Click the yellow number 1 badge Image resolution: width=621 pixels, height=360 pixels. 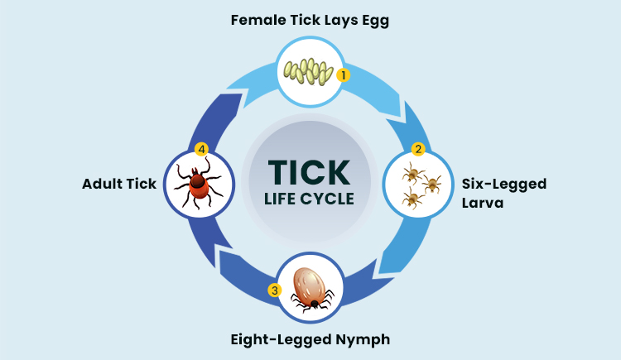pyautogui.click(x=343, y=74)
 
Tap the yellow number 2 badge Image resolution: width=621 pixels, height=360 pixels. pyautogui.click(x=418, y=150)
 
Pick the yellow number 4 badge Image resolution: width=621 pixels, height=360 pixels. pyautogui.click(x=200, y=150)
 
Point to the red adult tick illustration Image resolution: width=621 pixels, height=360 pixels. pyautogui.click(x=198, y=183)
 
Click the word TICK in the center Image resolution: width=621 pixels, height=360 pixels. pyautogui.click(x=310, y=171)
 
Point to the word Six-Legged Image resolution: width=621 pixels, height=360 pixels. pyautogui.click(x=504, y=183)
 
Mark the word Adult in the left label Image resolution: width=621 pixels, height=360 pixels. pyautogui.click(x=102, y=183)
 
